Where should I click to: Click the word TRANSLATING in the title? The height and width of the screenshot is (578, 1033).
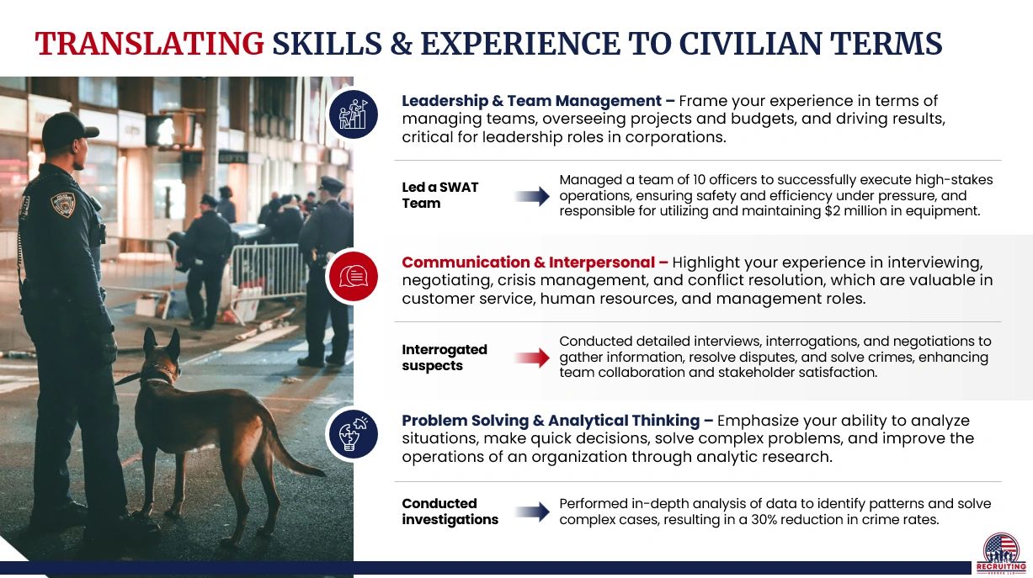point(149,44)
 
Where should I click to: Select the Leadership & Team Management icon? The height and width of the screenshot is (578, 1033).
point(353,114)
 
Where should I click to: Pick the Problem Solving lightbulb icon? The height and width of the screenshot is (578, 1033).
point(353,434)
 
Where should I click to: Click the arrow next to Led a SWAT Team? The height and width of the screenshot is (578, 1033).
point(532,197)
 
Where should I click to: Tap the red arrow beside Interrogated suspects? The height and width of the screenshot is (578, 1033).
point(532,358)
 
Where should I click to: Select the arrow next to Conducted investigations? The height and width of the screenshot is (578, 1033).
point(532,512)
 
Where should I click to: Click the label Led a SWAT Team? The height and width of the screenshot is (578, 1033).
point(439,195)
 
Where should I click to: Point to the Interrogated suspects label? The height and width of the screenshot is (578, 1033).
point(445,358)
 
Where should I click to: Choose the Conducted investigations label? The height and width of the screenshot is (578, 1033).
point(450,512)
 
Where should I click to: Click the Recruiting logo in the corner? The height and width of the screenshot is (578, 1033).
point(1000,552)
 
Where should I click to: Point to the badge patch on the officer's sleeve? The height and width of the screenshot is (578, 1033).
point(63,204)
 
